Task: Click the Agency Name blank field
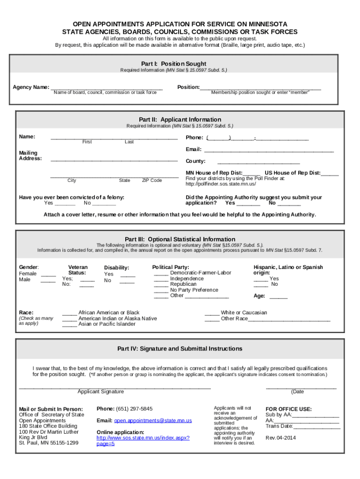[106, 87]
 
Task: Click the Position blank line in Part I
[260, 87]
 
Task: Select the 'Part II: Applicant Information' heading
[180, 119]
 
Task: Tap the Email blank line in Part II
[269, 150]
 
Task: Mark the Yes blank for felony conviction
[65, 203]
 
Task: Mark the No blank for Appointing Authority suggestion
[289, 203]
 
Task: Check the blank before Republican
[161, 284]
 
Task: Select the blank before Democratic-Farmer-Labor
[161, 273]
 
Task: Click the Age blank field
[278, 296]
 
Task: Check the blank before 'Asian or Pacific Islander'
[70, 324]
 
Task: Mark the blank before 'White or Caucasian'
[212, 313]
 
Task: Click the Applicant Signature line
[115, 387]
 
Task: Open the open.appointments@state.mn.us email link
[153, 421]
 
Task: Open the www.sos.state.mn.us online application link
[143, 438]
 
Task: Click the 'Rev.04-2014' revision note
[281, 438]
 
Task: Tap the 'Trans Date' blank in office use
[317, 426]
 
